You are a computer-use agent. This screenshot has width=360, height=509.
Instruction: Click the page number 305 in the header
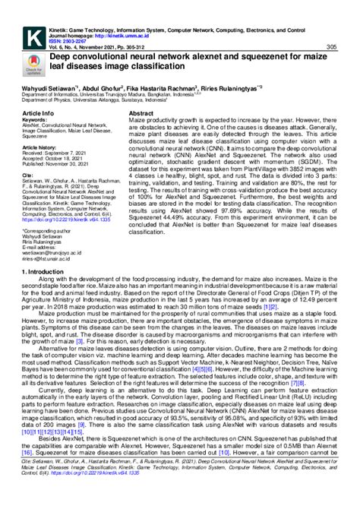[332, 47]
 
